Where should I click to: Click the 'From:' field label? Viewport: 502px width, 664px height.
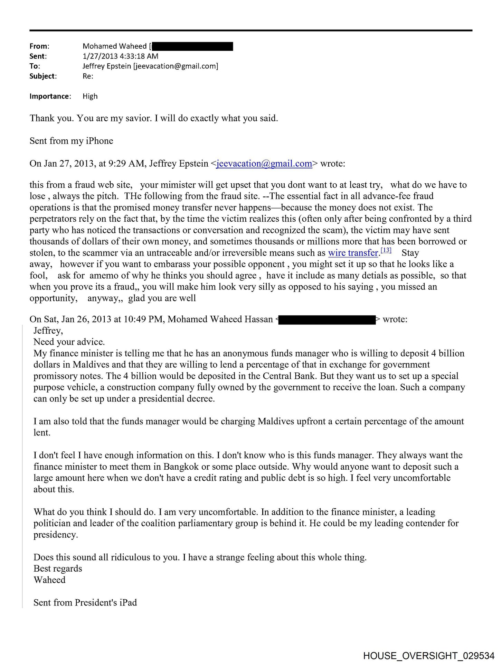[x=39, y=46]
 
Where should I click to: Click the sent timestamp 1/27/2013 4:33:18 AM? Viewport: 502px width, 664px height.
[x=120, y=56]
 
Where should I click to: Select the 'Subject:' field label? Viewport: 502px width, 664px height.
[x=43, y=76]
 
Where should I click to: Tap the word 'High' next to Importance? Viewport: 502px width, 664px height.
[x=90, y=96]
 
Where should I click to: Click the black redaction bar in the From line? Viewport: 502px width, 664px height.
[x=192, y=46]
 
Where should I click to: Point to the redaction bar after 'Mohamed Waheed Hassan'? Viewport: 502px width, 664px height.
[x=326, y=320]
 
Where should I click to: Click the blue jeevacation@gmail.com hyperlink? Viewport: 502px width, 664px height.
[x=264, y=164]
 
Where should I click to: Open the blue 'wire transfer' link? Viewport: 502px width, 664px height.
[x=353, y=253]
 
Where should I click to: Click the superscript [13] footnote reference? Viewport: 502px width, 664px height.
[x=386, y=250]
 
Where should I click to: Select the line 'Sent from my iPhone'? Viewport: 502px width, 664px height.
[x=71, y=141]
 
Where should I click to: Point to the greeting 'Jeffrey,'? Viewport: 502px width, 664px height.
[x=48, y=331]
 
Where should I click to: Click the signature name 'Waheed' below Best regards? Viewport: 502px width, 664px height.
[x=49, y=580]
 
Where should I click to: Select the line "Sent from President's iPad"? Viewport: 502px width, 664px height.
[x=85, y=603]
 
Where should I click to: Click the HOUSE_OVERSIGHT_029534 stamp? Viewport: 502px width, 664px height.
[x=429, y=656]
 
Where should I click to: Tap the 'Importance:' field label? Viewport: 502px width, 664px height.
[x=50, y=96]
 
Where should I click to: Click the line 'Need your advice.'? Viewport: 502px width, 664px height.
[x=69, y=342]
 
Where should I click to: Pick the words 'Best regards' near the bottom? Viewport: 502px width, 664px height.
[x=58, y=569]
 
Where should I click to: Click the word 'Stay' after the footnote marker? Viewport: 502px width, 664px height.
[x=410, y=253]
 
